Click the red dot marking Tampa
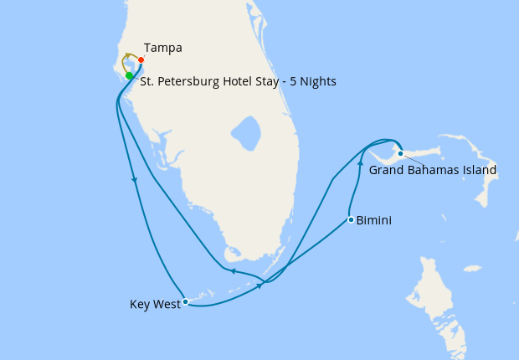click(141, 59)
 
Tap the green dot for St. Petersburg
click(129, 76)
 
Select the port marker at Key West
click(185, 301)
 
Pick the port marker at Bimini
click(351, 220)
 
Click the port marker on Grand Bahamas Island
click(401, 153)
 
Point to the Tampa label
click(163, 48)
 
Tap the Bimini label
click(374, 221)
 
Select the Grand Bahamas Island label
click(433, 170)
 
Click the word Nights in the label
click(317, 82)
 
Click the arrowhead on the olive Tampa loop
click(126, 55)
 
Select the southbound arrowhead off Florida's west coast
click(134, 179)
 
